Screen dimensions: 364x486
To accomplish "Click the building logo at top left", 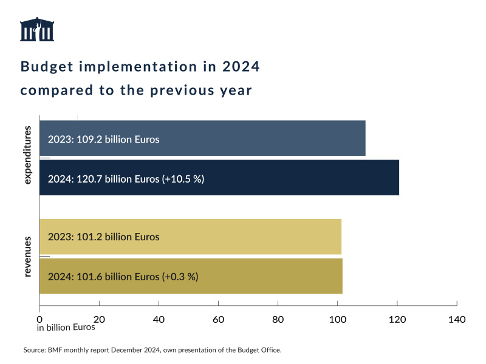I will pyautogui.click(x=37, y=30).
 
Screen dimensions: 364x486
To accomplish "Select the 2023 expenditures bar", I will pyautogui.click(x=202, y=138).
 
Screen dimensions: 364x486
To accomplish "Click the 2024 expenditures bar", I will pyautogui.click(x=219, y=178).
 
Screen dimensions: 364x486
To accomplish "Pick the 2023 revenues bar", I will pyautogui.click(x=190, y=237).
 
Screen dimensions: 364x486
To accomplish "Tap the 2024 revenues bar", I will pyautogui.click(x=191, y=276).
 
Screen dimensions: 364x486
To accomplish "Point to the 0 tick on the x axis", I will pyautogui.click(x=39, y=319).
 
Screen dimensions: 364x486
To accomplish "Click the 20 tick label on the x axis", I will pyautogui.click(x=99, y=319).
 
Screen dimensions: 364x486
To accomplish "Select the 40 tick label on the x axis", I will pyautogui.click(x=159, y=319).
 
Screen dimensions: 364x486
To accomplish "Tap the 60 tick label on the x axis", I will pyautogui.click(x=218, y=319).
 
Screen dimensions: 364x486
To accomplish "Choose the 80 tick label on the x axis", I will pyautogui.click(x=278, y=319).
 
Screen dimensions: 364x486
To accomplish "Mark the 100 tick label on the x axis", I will pyautogui.click(x=337, y=319).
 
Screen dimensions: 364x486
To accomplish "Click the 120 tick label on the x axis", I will pyautogui.click(x=397, y=319).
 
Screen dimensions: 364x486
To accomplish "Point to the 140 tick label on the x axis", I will pyautogui.click(x=456, y=319).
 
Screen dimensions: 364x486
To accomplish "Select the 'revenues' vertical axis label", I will pyautogui.click(x=28, y=257).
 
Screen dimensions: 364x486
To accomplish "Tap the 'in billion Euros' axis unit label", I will pyautogui.click(x=66, y=328).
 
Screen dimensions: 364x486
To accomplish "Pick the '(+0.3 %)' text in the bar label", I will pyautogui.click(x=180, y=277).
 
